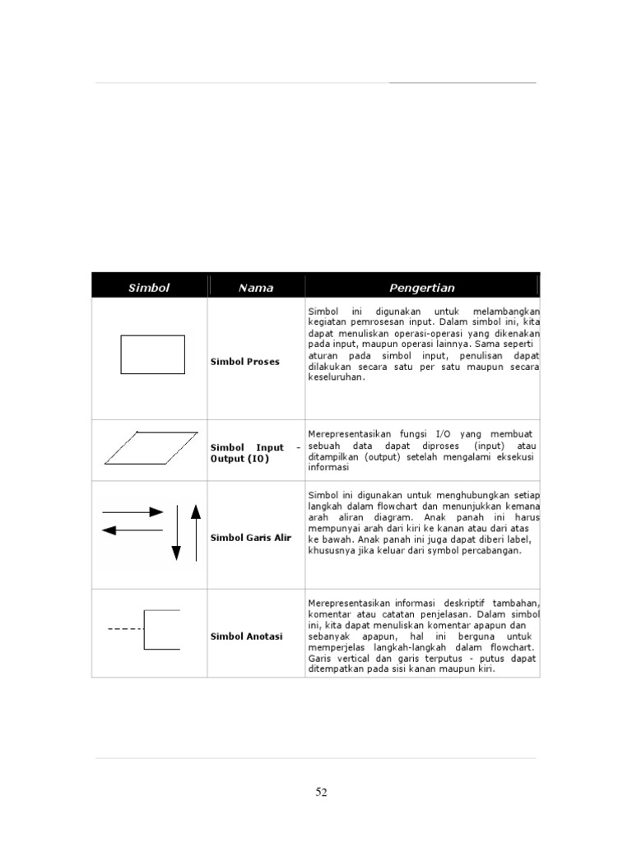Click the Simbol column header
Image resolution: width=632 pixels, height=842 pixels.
coord(149,288)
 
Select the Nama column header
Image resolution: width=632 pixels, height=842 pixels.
coord(256,288)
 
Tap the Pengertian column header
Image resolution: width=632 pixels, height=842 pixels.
coord(422,288)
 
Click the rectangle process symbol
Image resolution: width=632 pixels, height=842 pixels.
coord(152,355)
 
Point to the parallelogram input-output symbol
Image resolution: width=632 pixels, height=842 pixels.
coord(151,448)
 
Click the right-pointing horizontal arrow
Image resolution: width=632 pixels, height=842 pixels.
coord(132,512)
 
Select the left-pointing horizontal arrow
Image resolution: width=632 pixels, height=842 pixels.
coord(132,530)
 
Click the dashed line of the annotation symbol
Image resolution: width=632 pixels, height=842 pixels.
coord(125,629)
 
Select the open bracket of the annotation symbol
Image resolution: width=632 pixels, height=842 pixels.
coord(161,630)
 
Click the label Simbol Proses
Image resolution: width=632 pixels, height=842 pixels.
coord(245,362)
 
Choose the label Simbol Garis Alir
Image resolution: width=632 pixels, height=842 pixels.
coord(251,538)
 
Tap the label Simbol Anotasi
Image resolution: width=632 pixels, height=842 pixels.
coord(247,636)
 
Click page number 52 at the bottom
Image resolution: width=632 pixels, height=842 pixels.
coord(321,793)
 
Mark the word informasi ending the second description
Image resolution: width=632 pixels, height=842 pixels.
coord(329,468)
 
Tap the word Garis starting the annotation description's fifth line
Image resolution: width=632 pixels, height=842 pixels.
coord(319,659)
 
